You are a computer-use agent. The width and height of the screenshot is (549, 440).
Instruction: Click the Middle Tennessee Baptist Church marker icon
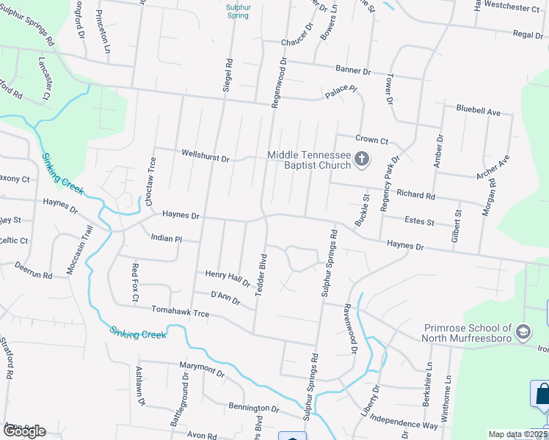361,159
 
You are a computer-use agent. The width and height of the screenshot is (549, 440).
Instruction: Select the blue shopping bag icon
542,394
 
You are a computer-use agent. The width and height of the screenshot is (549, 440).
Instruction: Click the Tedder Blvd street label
260,275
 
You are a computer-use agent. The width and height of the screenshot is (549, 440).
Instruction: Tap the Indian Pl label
165,238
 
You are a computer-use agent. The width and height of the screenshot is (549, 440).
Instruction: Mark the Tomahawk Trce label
181,313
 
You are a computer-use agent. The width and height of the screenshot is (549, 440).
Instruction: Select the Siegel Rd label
228,76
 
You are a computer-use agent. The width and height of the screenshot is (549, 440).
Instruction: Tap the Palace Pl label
341,91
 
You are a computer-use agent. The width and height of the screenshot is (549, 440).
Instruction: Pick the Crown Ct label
371,139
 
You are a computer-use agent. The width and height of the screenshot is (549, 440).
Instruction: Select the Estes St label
419,221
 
